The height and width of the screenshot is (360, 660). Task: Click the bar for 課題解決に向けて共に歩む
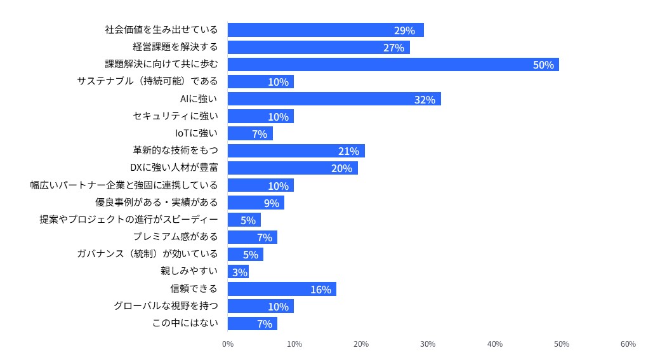coord(393,64)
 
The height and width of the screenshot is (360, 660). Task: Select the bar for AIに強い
coord(334,99)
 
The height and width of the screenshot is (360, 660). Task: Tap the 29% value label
coord(404,30)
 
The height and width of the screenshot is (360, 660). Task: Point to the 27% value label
coord(393,48)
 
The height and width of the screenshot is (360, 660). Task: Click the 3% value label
coord(239,272)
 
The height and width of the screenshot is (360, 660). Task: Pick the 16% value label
coord(320,290)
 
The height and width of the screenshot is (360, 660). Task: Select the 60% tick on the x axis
coord(628,344)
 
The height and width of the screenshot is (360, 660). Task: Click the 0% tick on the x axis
coord(228,344)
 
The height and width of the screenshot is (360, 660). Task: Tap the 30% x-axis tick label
coord(428,344)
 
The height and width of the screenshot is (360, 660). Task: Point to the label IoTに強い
coord(196,133)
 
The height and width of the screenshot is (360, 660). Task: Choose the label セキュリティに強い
coord(175,116)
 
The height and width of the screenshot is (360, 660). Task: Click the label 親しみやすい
coord(189,272)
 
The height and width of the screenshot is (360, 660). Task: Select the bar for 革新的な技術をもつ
coord(296,151)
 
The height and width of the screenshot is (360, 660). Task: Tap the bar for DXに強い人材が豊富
coord(293,168)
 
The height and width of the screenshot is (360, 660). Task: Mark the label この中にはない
coord(185,323)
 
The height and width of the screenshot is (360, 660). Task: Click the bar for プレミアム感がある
coord(252,237)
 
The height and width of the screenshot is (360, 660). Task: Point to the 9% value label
coord(272,203)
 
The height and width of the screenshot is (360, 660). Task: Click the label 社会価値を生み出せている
coord(161,30)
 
